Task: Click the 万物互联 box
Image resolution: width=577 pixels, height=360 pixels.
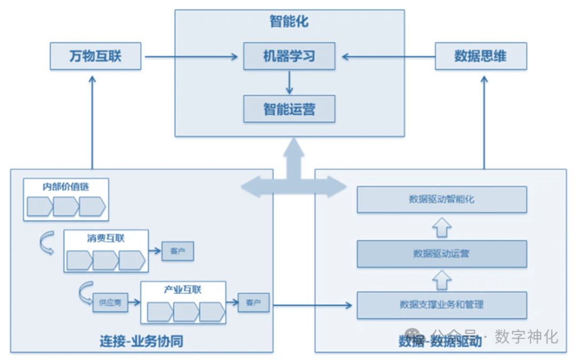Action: pyautogui.click(x=96, y=57)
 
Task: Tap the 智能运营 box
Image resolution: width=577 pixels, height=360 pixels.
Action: pyautogui.click(x=289, y=109)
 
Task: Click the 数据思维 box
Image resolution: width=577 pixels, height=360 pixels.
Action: pyautogui.click(x=481, y=57)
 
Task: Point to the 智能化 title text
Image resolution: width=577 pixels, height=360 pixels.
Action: pyautogui.click(x=289, y=22)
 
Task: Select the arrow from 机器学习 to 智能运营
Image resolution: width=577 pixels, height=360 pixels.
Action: pyautogui.click(x=289, y=82)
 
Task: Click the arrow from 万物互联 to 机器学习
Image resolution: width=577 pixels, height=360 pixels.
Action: pyautogui.click(x=191, y=57)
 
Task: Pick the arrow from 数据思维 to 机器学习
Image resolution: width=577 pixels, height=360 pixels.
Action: pyautogui.click(x=388, y=57)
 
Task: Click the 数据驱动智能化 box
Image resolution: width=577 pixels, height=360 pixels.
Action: pyautogui.click(x=442, y=199)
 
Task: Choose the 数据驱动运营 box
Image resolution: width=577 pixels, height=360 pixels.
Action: pyautogui.click(x=442, y=253)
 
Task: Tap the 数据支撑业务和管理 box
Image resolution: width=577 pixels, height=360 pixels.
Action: pyautogui.click(x=442, y=305)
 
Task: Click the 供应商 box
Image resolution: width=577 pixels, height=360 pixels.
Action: pyautogui.click(x=110, y=302)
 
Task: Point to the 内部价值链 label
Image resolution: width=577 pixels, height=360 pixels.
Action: pyautogui.click(x=66, y=187)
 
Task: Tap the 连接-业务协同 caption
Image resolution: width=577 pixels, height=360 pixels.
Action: pyautogui.click(x=142, y=341)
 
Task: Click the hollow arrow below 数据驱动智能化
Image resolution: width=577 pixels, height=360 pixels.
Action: pyautogui.click(x=442, y=226)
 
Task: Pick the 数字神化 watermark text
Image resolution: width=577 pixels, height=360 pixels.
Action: pyautogui.click(x=526, y=336)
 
